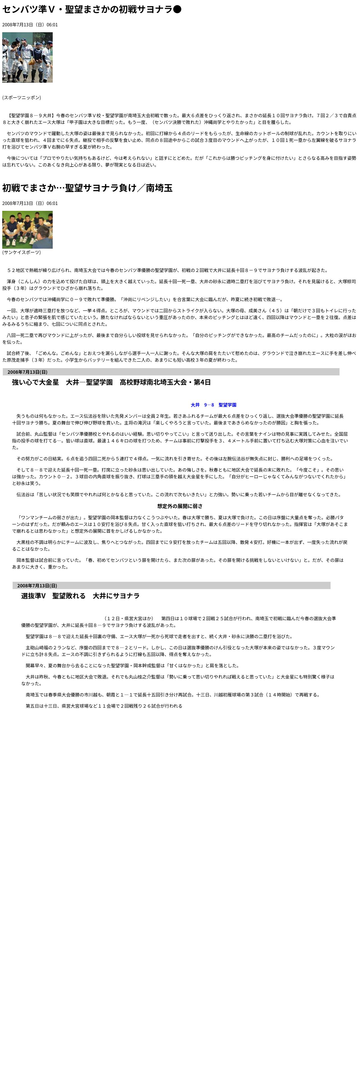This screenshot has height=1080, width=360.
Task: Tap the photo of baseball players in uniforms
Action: click(x=27, y=57)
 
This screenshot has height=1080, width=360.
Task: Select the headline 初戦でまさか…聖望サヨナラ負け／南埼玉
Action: click(x=87, y=188)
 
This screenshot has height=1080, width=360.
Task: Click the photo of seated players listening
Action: click(x=27, y=230)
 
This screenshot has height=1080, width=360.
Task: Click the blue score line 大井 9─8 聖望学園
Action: click(x=213, y=405)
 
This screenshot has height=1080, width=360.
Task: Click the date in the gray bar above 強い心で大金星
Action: click(x=27, y=372)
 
